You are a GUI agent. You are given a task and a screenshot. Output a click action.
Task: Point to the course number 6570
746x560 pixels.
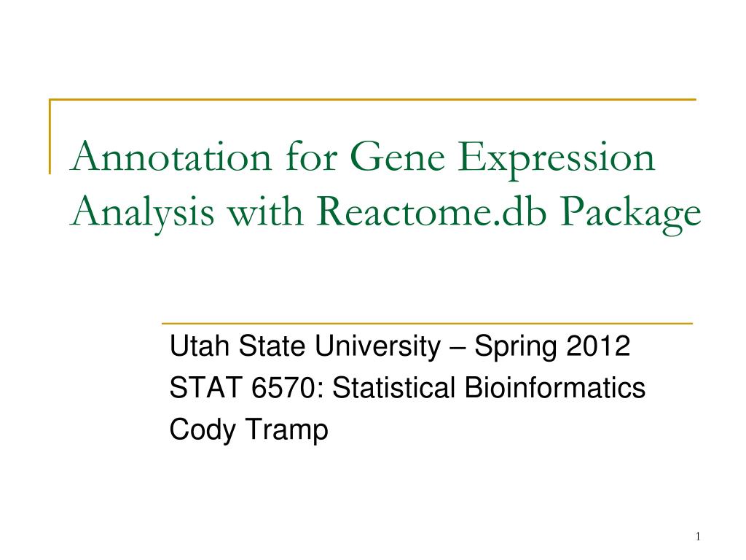pos(278,388)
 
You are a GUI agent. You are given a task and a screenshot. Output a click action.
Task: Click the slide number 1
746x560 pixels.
pos(697,537)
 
